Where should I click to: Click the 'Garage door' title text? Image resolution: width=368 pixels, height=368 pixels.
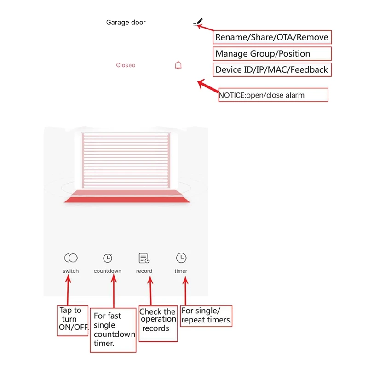[x=126, y=22]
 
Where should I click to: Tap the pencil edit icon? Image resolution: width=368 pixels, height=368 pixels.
[x=198, y=22]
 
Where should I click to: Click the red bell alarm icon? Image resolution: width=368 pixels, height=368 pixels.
[x=178, y=65]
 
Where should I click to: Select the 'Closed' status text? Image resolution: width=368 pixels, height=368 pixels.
[x=126, y=65]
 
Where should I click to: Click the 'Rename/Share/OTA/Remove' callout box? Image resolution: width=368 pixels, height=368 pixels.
[x=272, y=37]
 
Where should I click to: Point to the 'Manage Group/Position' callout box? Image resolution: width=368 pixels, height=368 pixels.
[x=272, y=53]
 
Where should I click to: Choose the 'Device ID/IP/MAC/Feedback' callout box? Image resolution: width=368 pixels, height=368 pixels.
[x=272, y=69]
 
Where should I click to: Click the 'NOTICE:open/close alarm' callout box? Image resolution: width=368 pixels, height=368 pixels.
[x=273, y=95]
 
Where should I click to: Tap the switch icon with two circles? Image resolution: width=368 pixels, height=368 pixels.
[x=71, y=258]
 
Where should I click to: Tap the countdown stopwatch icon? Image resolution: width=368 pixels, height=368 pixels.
[x=108, y=258]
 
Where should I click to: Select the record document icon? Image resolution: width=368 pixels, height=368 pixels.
[x=144, y=258]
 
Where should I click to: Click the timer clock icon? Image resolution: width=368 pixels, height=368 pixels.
[x=181, y=258]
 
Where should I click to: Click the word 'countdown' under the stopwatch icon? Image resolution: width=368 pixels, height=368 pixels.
[x=108, y=271]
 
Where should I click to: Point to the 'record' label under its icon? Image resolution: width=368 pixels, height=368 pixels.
[x=144, y=271]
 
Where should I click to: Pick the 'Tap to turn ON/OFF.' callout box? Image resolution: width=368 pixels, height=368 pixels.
[x=73, y=320]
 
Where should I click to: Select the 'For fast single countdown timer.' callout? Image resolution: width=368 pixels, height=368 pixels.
[x=114, y=329]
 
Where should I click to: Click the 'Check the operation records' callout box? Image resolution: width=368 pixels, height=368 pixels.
[x=158, y=324]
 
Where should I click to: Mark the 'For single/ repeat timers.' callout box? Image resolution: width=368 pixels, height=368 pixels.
[x=207, y=316]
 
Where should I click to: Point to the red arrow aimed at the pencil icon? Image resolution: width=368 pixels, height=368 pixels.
[x=206, y=29]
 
